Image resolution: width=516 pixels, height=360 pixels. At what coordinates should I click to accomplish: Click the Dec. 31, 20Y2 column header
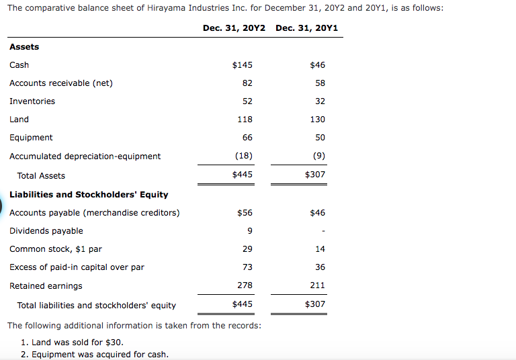[x=234, y=28]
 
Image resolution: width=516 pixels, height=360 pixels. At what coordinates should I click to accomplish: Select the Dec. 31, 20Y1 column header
[x=306, y=28]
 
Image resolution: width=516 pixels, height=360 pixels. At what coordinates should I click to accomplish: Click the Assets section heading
[x=24, y=47]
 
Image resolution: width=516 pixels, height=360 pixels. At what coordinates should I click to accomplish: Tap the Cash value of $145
[x=242, y=65]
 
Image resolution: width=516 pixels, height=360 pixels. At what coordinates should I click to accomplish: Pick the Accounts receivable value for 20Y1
[x=320, y=83]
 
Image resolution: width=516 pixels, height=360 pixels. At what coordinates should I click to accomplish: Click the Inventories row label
[x=32, y=101]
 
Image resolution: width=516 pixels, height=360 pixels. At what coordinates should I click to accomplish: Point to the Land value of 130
[x=318, y=119]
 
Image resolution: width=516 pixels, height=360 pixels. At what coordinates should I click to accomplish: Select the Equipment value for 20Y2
[x=247, y=137]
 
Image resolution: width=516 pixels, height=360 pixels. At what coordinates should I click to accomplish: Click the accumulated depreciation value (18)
[x=244, y=155]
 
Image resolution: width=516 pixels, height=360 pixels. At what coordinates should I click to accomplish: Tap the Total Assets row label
[x=41, y=176]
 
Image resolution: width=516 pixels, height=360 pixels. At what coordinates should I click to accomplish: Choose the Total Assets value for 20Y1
[x=315, y=175]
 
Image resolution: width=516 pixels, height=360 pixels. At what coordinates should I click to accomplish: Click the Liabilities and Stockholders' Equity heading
[x=89, y=195]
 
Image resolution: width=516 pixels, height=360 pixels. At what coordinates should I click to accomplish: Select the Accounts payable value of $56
[x=245, y=213]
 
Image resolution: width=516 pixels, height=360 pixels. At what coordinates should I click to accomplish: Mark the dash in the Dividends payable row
[x=323, y=231]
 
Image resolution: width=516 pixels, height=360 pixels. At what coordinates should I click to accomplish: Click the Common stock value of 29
[x=247, y=249]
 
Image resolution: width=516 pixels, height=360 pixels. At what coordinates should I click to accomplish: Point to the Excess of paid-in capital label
[x=77, y=267]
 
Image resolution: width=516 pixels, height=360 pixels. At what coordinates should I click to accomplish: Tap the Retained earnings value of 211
[x=318, y=285]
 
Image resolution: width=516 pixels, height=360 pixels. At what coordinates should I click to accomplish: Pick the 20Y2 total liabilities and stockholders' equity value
[x=242, y=304]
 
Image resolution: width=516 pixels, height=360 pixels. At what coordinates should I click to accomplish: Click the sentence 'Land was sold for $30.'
[x=77, y=343]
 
